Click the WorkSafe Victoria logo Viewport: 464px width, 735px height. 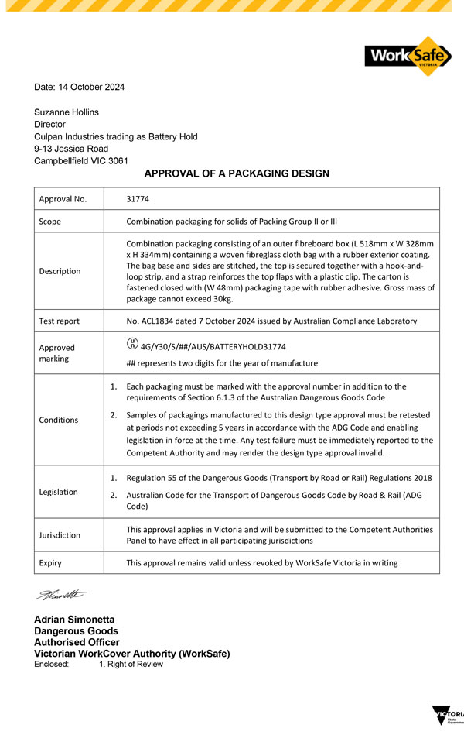point(408,56)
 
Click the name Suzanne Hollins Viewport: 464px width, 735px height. point(67,112)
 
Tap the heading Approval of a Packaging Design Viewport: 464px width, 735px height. point(237,173)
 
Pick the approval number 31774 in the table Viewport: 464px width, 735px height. point(138,199)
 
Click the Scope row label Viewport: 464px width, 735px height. point(50,222)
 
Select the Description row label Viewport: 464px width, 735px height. point(60,271)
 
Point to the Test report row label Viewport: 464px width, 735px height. point(59,321)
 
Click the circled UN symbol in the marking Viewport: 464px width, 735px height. point(131,345)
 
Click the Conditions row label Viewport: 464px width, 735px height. point(59,420)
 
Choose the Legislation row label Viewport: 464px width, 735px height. point(60,492)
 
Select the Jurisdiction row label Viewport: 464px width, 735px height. point(60,535)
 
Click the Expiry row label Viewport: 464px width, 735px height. point(50,563)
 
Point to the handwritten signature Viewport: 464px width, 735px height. point(62,595)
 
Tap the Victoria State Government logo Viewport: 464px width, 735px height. point(448,716)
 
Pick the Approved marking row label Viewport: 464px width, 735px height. point(57,354)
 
